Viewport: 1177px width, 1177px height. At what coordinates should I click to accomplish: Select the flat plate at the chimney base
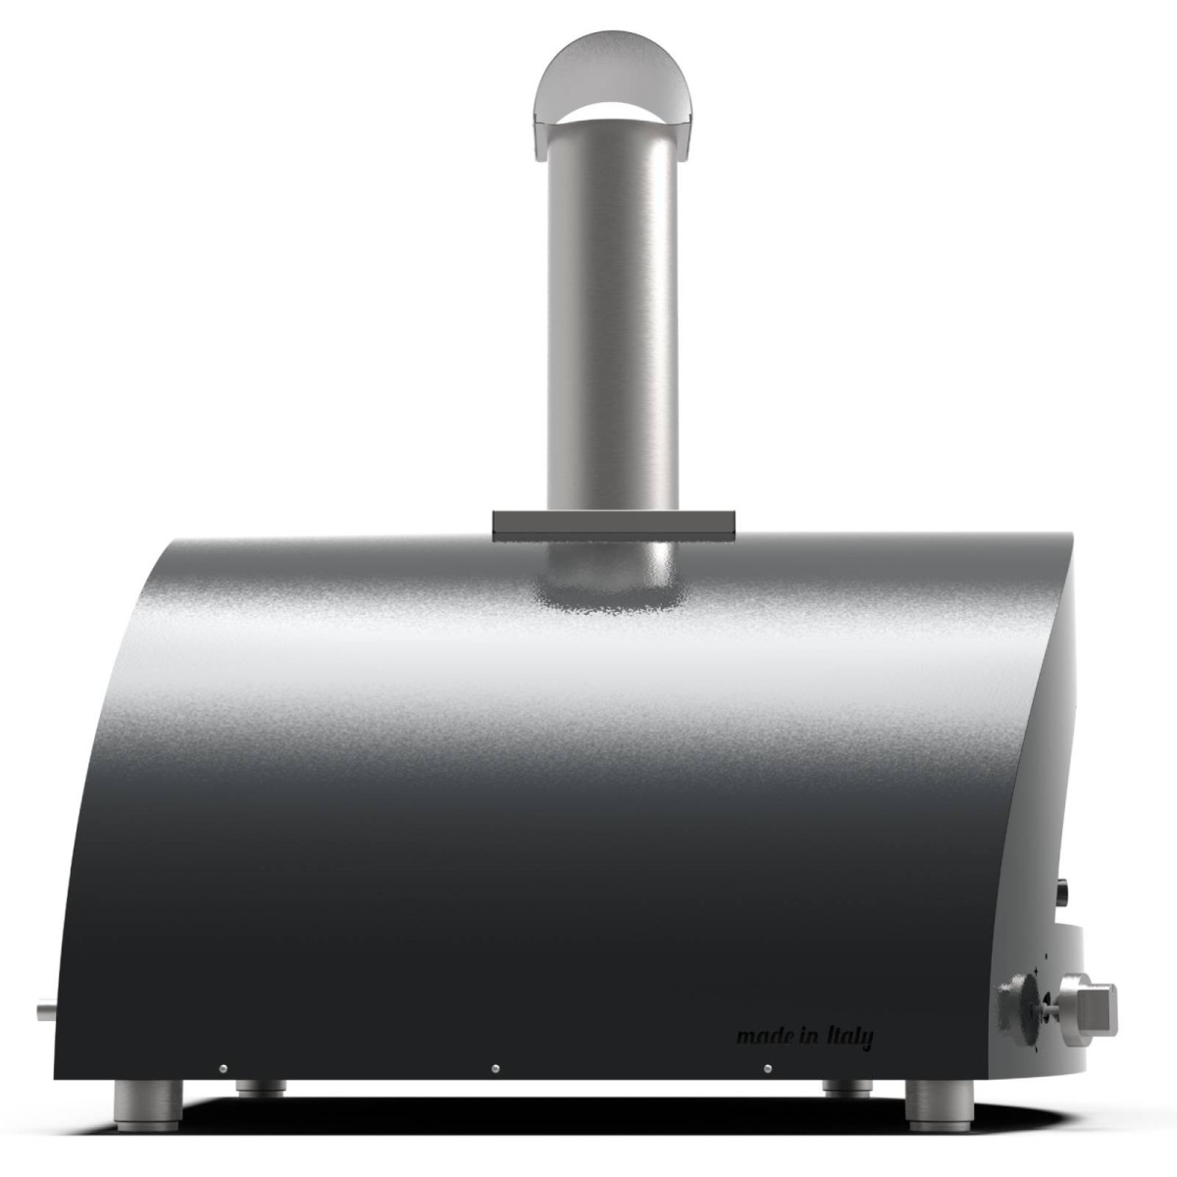point(613,525)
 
